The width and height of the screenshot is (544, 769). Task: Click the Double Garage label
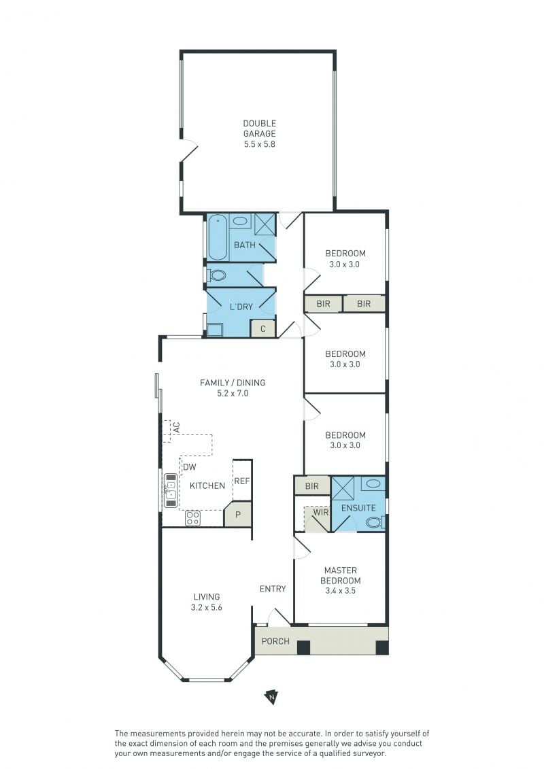tap(260, 129)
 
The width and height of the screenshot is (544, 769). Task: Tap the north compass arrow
tap(271, 696)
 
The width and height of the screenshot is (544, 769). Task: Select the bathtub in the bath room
tap(217, 239)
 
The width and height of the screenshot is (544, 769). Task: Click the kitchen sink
tap(170, 490)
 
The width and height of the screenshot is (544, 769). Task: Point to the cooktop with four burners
tap(192, 518)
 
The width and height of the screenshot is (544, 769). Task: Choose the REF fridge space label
tap(242, 481)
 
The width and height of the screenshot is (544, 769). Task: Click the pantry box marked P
tap(238, 515)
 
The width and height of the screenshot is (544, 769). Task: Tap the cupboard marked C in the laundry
tap(263, 328)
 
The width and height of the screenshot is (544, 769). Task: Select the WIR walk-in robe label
tap(321, 512)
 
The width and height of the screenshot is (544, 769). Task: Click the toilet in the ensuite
tap(375, 522)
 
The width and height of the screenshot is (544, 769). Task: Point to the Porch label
tap(275, 641)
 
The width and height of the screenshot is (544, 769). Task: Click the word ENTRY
tap(273, 589)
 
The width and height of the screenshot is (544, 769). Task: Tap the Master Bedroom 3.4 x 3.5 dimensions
tap(341, 591)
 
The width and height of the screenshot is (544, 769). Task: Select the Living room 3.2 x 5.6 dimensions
tap(207, 607)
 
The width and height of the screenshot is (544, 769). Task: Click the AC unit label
tap(177, 427)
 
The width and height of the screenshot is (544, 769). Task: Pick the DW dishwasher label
tap(189, 467)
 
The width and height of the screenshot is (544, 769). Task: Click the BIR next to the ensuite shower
tap(312, 486)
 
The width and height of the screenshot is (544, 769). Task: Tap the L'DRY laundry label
tap(241, 307)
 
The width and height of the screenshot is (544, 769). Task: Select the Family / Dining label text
tap(233, 383)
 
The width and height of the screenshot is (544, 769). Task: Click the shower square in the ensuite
tap(343, 488)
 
